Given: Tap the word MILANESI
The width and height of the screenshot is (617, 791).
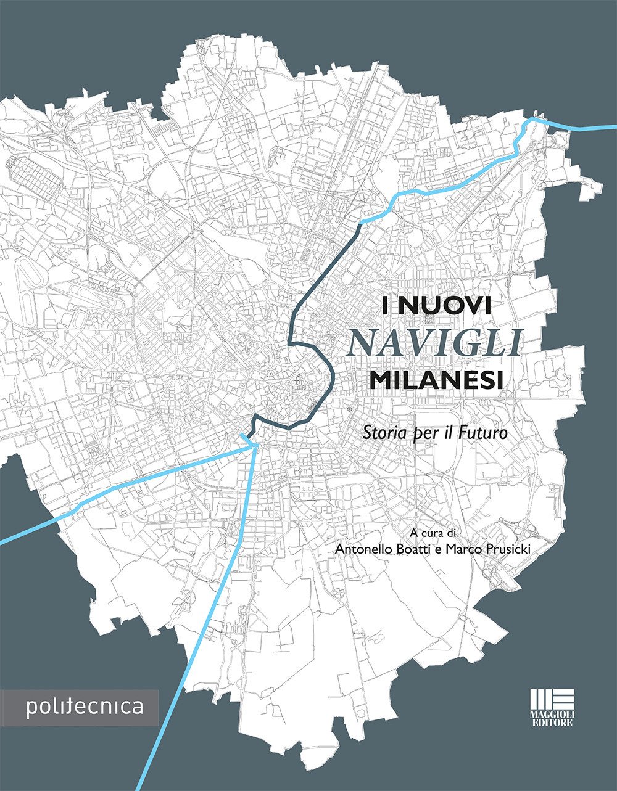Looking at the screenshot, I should (436, 379).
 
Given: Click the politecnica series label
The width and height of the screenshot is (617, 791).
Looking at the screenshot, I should (84, 707).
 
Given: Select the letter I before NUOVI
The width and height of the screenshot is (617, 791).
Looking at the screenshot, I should (386, 306).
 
